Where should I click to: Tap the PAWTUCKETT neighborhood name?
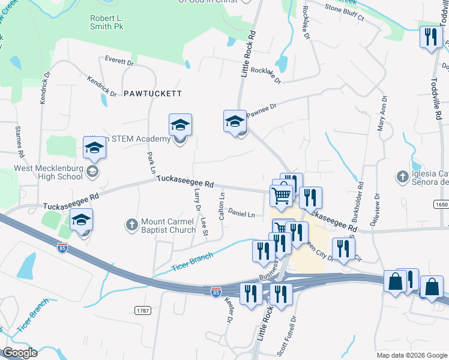152,94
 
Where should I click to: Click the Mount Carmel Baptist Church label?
168,226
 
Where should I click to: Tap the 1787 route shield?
142,310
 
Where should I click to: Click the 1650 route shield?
441,205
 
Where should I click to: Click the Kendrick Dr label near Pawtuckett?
101,85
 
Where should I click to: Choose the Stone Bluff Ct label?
344,13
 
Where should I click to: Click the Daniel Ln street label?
241,214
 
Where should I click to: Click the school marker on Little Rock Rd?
235,121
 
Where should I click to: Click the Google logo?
19,353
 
